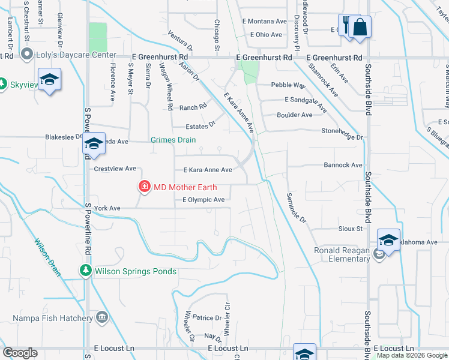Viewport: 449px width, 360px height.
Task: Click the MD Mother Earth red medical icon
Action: point(144,187)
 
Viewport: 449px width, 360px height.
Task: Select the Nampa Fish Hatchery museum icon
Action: point(101,316)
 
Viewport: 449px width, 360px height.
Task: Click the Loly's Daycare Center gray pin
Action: point(26,55)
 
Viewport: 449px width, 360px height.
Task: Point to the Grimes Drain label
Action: point(173,140)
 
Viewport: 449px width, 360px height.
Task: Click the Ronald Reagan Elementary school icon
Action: point(379,254)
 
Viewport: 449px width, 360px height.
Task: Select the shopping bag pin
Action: point(361,28)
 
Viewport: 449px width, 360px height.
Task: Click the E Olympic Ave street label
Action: point(203,200)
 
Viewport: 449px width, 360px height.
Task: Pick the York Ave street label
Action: point(107,208)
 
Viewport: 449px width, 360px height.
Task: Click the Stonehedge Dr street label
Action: point(343,137)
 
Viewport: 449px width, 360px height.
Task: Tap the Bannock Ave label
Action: point(343,165)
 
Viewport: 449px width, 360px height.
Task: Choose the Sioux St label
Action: point(351,229)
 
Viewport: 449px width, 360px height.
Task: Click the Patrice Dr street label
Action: point(208,317)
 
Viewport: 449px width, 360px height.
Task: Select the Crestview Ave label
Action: point(115,169)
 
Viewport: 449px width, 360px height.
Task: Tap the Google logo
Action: point(20,353)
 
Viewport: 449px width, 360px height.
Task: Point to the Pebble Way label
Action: point(289,85)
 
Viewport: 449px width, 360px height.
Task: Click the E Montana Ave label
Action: point(265,21)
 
